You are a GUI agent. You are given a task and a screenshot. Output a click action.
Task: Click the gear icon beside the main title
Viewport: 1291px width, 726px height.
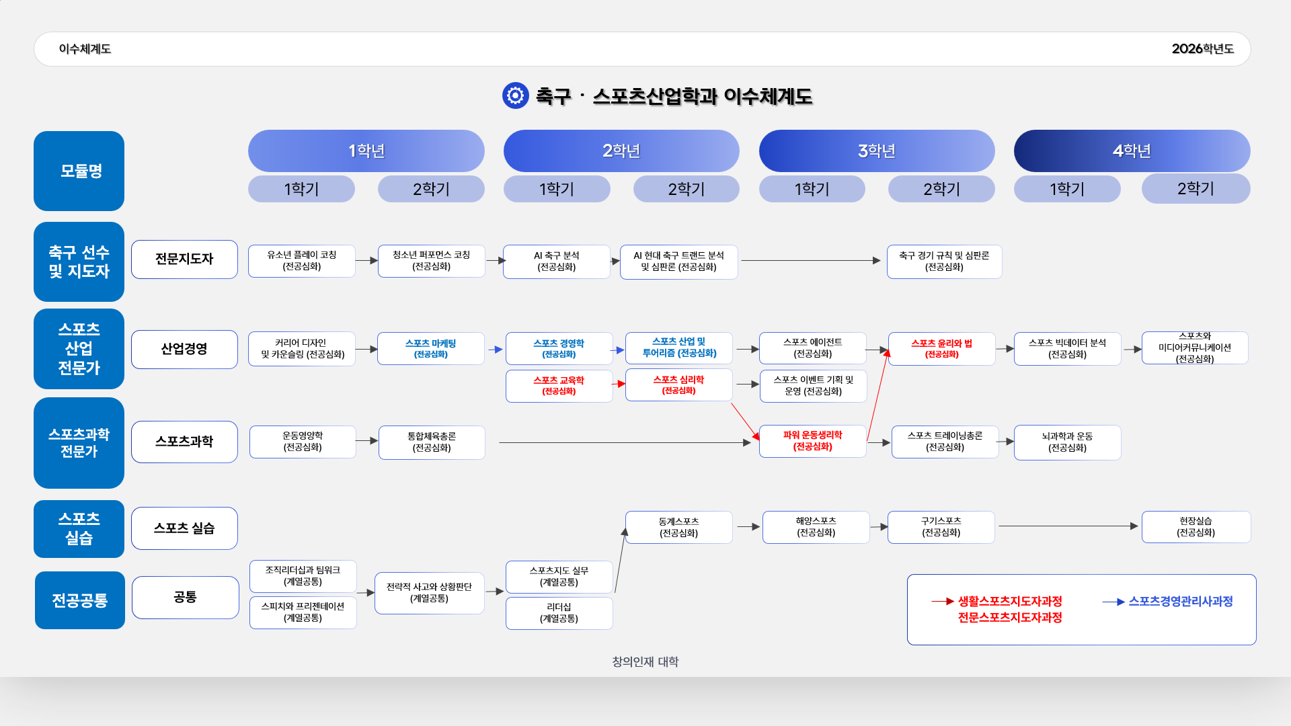coord(515,95)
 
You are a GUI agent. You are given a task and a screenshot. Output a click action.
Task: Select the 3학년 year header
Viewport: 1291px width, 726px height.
coord(876,151)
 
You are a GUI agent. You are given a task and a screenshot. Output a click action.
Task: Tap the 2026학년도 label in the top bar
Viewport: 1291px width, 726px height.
coord(1202,49)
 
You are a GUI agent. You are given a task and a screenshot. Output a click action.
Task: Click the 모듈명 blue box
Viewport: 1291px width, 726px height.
coord(79,171)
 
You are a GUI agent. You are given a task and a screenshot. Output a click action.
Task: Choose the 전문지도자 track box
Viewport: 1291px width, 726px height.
coord(184,259)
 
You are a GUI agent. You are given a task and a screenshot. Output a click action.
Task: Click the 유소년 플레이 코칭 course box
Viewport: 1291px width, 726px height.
coord(301,261)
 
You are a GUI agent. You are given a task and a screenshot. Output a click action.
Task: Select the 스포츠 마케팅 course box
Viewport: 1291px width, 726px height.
coord(430,348)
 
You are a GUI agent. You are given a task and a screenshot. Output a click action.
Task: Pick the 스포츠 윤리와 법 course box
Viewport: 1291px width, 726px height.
coord(941,348)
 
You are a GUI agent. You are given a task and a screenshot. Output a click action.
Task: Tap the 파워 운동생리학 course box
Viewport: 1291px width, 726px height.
coord(812,441)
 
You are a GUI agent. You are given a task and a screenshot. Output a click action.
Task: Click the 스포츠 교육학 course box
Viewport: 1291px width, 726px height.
coord(559,386)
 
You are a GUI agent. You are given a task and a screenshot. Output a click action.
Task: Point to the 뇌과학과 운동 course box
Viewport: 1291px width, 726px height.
coord(1067,442)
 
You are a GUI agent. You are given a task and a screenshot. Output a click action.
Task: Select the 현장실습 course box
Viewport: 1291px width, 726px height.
coord(1196,527)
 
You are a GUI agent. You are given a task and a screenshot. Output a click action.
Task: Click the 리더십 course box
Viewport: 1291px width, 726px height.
coord(559,613)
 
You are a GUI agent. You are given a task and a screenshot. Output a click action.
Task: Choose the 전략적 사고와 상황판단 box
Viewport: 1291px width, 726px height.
coord(429,593)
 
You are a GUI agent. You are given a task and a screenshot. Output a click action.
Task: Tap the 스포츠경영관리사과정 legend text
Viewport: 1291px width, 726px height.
coord(1180,602)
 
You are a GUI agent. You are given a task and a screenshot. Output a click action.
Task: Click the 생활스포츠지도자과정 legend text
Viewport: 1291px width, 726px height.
coord(1010,602)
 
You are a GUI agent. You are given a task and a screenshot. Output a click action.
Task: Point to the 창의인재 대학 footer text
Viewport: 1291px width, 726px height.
coord(645,661)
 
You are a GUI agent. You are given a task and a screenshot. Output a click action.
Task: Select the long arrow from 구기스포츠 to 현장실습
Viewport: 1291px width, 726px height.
coord(1068,526)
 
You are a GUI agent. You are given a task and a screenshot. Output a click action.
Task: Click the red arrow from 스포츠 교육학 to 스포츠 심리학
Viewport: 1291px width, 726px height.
coord(619,384)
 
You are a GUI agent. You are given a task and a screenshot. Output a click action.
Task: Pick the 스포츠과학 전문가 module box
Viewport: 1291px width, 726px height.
coord(79,443)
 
